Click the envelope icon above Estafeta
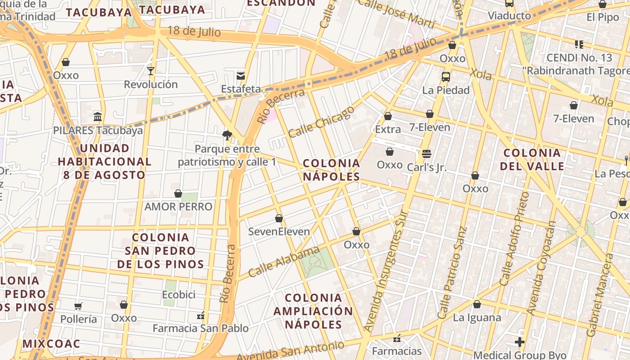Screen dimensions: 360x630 pos(241,75)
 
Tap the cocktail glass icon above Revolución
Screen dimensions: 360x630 pos(151,71)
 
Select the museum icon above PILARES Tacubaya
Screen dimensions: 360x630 pos(98,117)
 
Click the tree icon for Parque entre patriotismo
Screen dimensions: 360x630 pos(227,135)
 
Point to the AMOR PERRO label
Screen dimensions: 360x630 pos(178,207)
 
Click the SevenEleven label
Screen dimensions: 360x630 pos(279,231)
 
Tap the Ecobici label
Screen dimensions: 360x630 pos(179,294)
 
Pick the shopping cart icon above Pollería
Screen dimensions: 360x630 pos(78,306)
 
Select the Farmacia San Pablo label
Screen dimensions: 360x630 pos(200,328)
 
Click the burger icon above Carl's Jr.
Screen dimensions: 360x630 pos(427,154)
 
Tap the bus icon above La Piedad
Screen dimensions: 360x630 pos(446,76)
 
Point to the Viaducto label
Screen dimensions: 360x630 pos(509,16)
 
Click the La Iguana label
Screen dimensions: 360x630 pos(477,317)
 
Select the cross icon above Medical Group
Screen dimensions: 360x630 pos(520,342)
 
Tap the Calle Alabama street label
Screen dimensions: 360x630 pos(283,262)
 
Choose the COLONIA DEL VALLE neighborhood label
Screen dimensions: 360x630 pos(532,159)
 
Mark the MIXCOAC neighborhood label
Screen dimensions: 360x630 pos(51,344)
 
